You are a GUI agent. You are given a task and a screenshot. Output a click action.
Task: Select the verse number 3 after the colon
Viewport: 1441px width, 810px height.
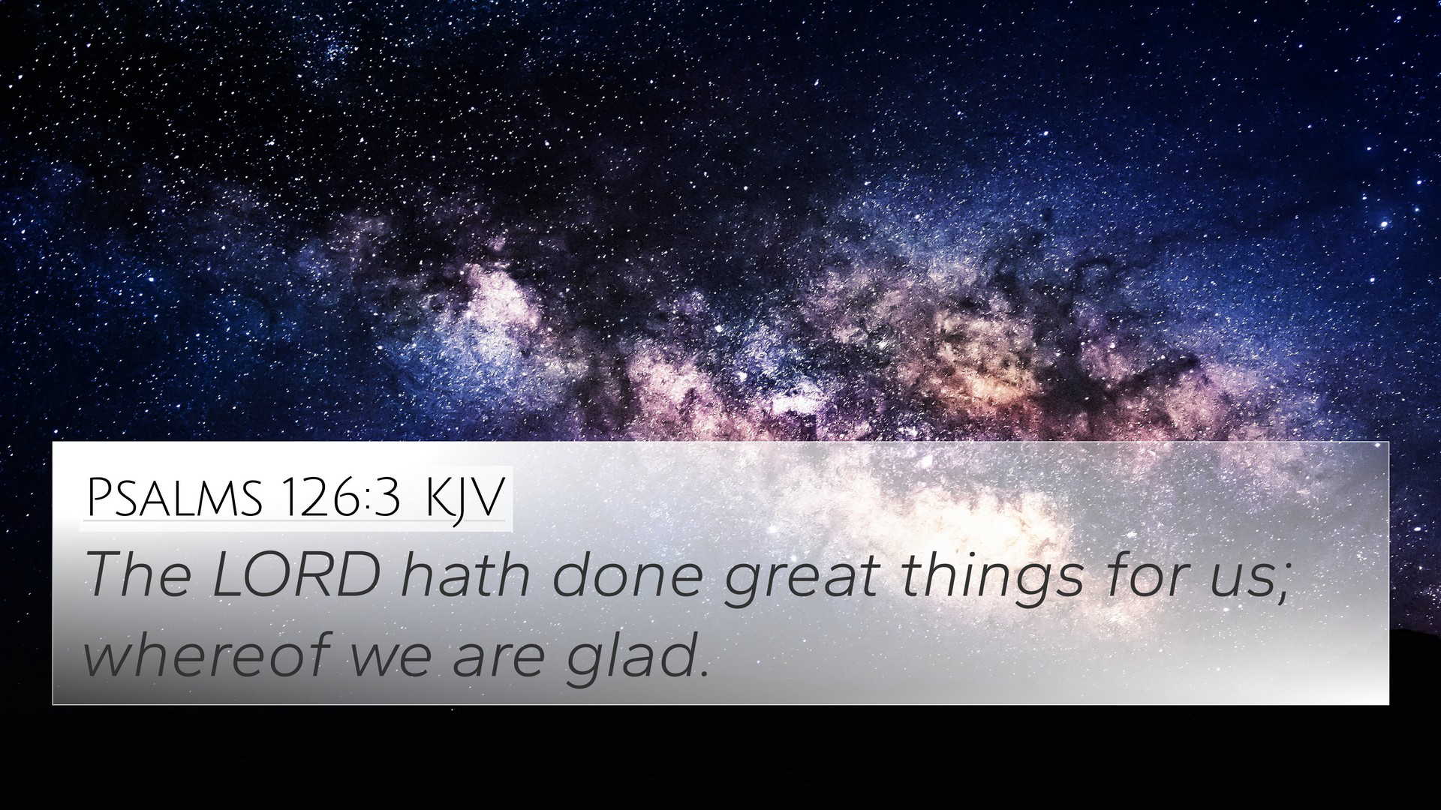387,497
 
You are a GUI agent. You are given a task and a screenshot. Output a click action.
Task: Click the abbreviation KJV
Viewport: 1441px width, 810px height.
464,497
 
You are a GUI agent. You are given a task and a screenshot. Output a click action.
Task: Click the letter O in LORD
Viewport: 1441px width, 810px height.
265,575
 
